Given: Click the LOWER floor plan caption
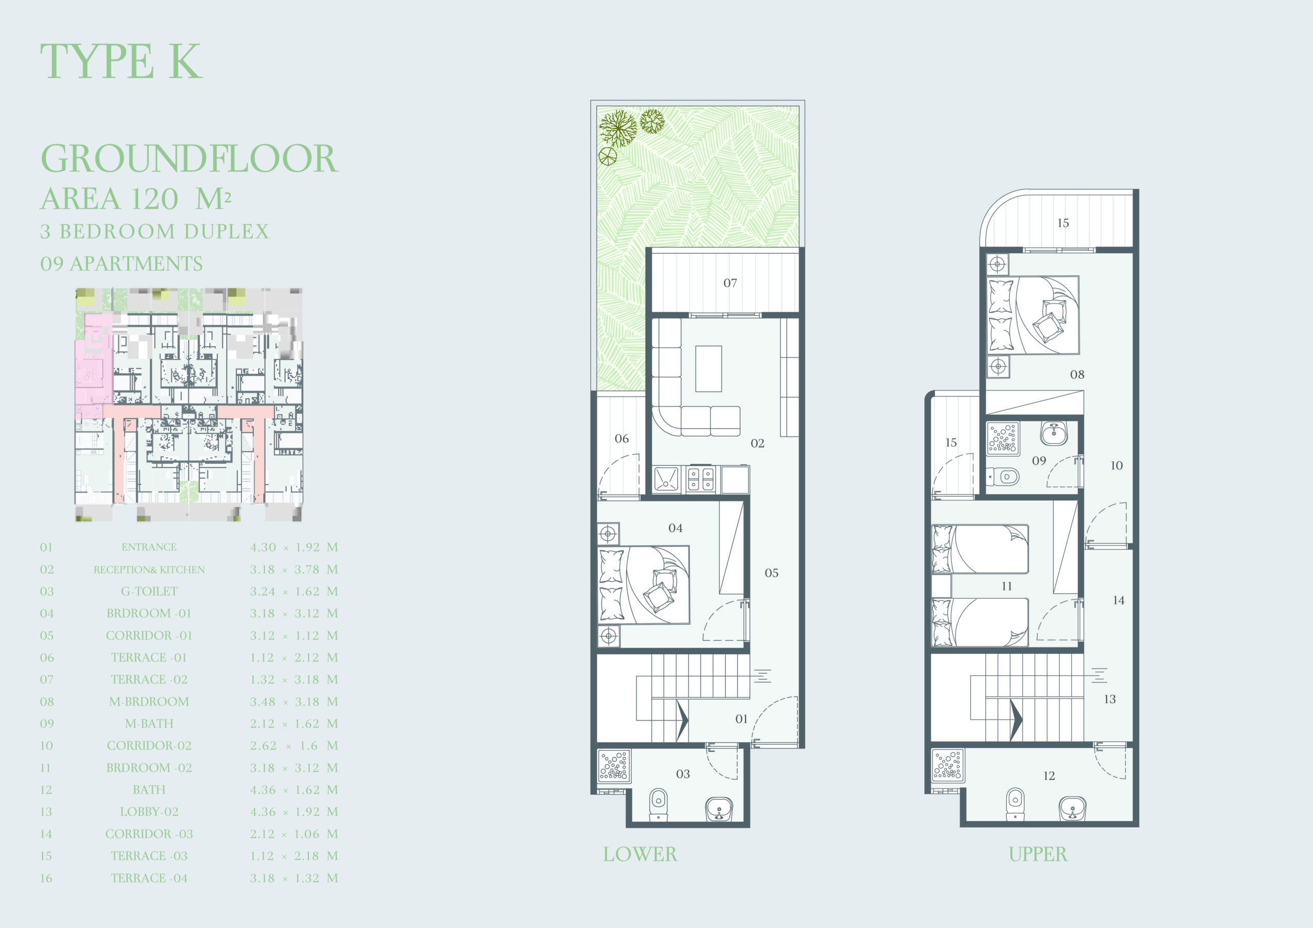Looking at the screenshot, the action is [640, 854].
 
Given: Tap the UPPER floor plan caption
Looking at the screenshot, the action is [1038, 854].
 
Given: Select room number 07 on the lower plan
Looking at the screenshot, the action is [730, 283].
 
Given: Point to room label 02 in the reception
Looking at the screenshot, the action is [758, 443].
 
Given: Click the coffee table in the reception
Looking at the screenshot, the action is [708, 369].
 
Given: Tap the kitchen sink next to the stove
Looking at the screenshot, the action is [666, 479].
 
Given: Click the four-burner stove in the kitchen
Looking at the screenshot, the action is [701, 479].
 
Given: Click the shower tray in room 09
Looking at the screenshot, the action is [1003, 438].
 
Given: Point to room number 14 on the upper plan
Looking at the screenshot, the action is [1119, 600].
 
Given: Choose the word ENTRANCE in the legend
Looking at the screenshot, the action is [149, 547].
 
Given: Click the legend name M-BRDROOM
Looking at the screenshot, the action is [149, 701].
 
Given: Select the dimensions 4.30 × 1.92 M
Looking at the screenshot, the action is [294, 547].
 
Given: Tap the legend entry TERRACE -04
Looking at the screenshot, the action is [149, 878].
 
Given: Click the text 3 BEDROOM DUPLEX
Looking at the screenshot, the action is [154, 232].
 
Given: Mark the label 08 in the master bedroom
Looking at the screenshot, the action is [1078, 374].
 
